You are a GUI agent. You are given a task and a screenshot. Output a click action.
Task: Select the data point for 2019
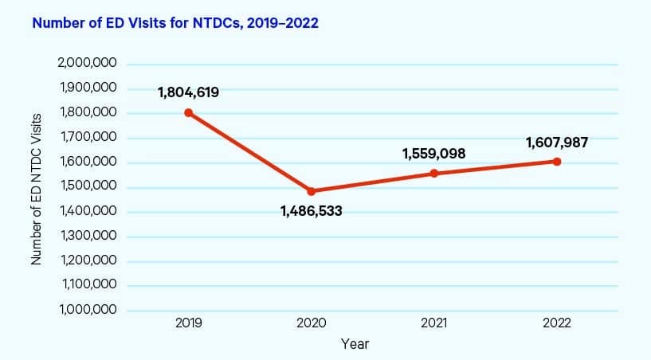pyautogui.click(x=189, y=112)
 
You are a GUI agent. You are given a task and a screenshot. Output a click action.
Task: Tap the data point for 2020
pyautogui.click(x=312, y=191)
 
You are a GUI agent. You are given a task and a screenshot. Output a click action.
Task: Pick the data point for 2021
pyautogui.click(x=434, y=173)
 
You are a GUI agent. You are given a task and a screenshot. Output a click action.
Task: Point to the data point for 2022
pyautogui.click(x=557, y=162)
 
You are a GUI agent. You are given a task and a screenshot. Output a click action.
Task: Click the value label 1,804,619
pyautogui.click(x=189, y=92)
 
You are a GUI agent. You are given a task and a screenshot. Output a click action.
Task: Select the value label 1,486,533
pyautogui.click(x=312, y=212)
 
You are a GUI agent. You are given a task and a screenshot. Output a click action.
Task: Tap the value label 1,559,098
pyautogui.click(x=434, y=153)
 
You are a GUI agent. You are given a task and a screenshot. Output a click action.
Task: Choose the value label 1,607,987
pyautogui.click(x=557, y=143)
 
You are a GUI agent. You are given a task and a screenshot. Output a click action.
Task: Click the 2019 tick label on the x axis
pyautogui.click(x=189, y=323)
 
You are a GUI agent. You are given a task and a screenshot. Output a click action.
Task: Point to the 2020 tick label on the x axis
pyautogui.click(x=312, y=323)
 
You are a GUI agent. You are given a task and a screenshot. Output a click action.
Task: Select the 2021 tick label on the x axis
pyautogui.click(x=434, y=323)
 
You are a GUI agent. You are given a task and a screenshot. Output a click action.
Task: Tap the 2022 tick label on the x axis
pyautogui.click(x=557, y=323)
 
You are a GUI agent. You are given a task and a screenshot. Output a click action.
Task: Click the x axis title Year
pyautogui.click(x=355, y=344)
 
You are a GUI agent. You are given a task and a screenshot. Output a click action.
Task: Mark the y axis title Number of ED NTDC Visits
pyautogui.click(x=36, y=187)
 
